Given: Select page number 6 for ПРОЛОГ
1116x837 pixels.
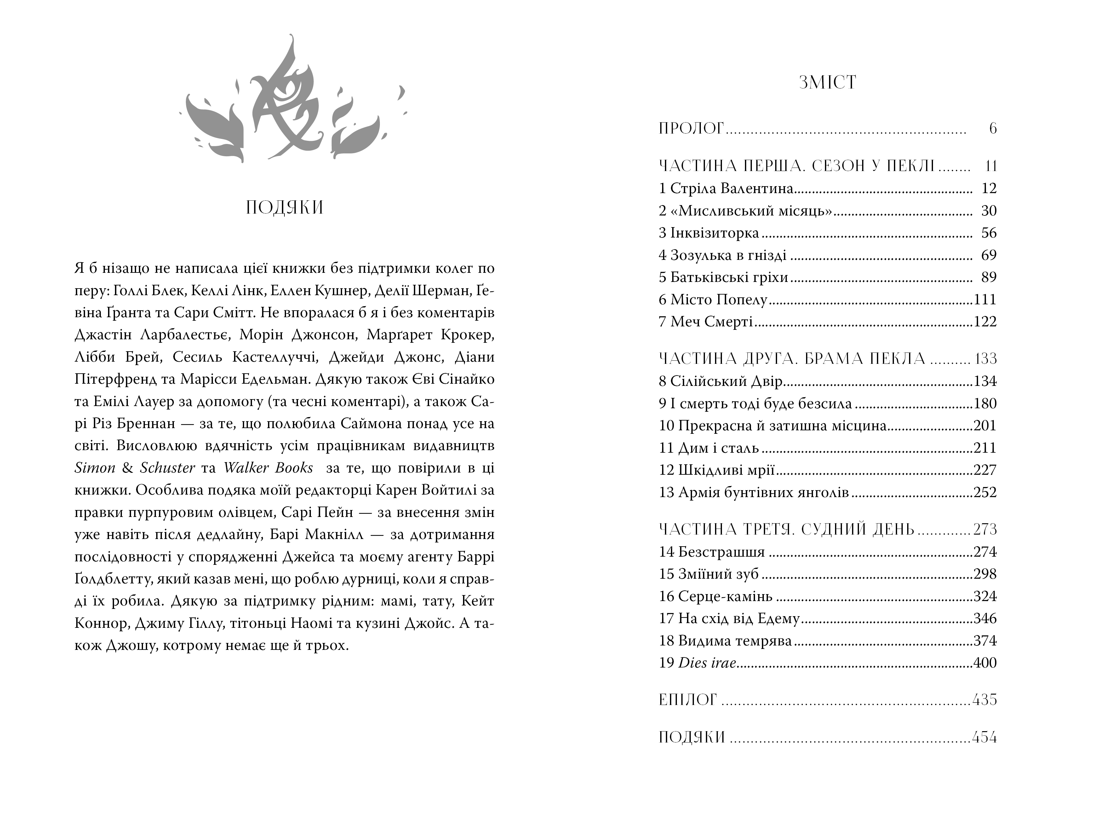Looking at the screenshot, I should pos(993,129).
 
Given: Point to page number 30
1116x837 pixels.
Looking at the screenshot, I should pos(989,211).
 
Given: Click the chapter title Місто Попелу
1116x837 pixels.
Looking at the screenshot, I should pos(719,300).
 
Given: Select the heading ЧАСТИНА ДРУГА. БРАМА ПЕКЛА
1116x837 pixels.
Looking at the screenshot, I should pos(792,359).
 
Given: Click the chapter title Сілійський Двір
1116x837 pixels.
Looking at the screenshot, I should pos(726,381).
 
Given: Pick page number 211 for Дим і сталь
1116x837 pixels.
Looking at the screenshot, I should pos(985,448).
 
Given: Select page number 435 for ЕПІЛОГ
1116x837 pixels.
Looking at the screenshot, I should pos(984,700).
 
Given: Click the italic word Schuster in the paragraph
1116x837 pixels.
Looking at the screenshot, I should pos(168,468).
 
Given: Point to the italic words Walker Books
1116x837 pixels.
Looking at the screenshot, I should pos(268,468).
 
